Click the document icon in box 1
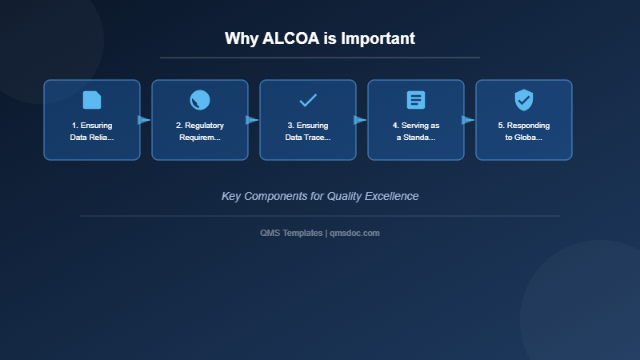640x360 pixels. pyautogui.click(x=92, y=100)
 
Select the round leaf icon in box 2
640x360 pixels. pyautogui.click(x=200, y=100)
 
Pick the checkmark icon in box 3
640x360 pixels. pyautogui.click(x=308, y=100)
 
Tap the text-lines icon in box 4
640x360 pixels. pyautogui.click(x=416, y=100)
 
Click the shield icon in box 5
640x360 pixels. pyautogui.click(x=524, y=100)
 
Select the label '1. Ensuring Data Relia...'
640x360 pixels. pyautogui.click(x=92, y=131)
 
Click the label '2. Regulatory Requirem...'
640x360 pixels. pyautogui.click(x=200, y=131)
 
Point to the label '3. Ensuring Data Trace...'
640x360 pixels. pyautogui.click(x=308, y=131)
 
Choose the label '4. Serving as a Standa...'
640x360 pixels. pyautogui.click(x=416, y=131)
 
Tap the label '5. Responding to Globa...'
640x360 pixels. pyautogui.click(x=524, y=131)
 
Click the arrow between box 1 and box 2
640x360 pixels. pyautogui.click(x=144, y=120)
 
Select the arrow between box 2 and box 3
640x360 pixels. pyautogui.click(x=252, y=120)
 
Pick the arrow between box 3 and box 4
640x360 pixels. pyautogui.click(x=360, y=120)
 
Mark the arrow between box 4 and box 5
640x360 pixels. pyautogui.click(x=468, y=120)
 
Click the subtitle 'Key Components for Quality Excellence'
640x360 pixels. pyautogui.click(x=320, y=196)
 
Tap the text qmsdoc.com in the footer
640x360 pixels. pyautogui.click(x=355, y=233)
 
